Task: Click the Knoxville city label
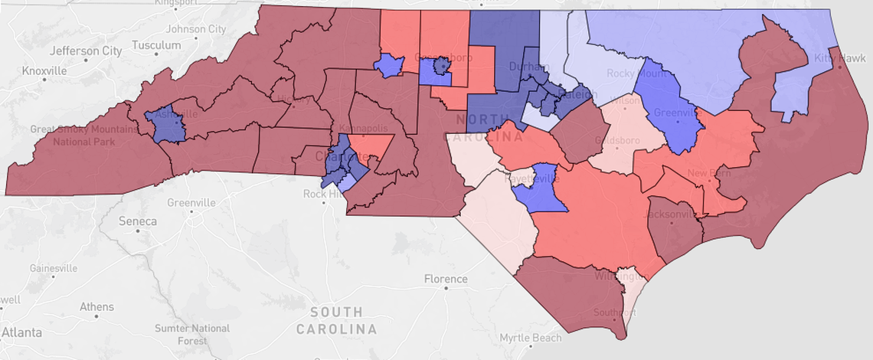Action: click(44, 70)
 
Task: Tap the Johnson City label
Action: click(196, 29)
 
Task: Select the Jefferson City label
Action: click(86, 51)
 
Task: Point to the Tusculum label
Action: click(155, 45)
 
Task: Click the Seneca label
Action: click(138, 221)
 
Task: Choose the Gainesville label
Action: click(54, 269)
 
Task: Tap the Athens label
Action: click(96, 307)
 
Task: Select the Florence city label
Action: click(446, 280)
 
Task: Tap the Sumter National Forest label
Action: click(191, 334)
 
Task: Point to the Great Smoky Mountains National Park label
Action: click(74, 135)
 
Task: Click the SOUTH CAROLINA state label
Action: click(337, 321)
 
